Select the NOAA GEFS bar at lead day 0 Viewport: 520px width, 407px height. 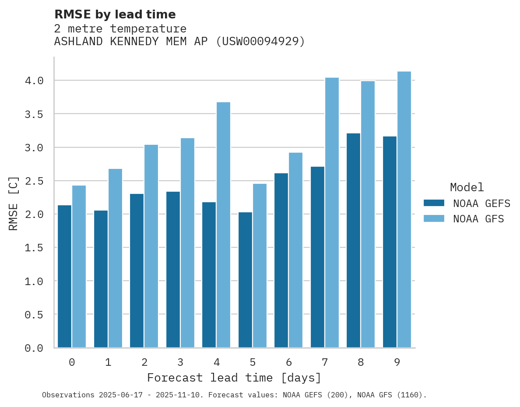(64, 276)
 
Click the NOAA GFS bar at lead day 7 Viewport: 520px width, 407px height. (332, 213)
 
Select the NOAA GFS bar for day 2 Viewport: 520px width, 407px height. (151, 246)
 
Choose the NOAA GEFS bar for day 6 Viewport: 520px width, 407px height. (281, 261)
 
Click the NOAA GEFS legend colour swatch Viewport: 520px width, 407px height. (434, 203)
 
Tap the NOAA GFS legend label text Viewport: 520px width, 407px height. (478, 219)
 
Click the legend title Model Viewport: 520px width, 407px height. (467, 187)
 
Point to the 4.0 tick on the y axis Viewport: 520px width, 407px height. (34, 81)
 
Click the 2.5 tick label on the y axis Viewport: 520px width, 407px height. (34, 181)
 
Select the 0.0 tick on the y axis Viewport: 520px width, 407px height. (34, 348)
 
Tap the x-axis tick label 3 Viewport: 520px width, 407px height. (180, 362)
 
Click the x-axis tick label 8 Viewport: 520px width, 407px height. (361, 362)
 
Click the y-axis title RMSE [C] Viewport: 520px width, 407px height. (14, 203)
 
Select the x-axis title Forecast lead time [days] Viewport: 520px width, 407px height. (234, 378)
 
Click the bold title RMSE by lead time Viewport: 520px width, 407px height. (115, 14)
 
